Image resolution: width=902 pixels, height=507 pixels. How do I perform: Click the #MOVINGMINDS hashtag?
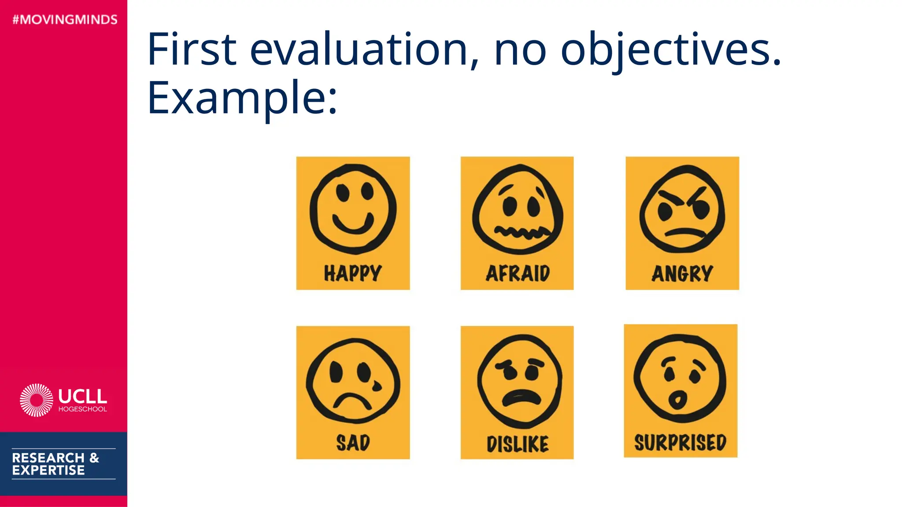point(65,20)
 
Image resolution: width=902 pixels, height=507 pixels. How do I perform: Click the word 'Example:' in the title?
point(242,98)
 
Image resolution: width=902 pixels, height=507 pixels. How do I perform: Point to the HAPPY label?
point(353,273)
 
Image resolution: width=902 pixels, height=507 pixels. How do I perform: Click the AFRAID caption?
point(518,273)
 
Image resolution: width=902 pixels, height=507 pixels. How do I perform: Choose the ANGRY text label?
point(682,273)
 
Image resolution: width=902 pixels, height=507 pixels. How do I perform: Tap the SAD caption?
point(353,442)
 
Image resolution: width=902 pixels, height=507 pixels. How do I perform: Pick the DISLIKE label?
point(518,444)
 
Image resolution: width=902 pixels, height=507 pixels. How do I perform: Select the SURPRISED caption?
point(680,442)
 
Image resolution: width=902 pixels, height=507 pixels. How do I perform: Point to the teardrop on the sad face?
point(377,386)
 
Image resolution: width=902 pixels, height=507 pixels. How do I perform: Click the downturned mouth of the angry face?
point(684,232)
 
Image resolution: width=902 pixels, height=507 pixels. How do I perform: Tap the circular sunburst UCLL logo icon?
point(37,400)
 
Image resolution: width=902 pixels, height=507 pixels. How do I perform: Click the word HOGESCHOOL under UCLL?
point(83,409)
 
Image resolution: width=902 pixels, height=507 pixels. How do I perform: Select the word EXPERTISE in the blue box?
point(48,470)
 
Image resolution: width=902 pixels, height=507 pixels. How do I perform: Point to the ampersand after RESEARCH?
point(94,458)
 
